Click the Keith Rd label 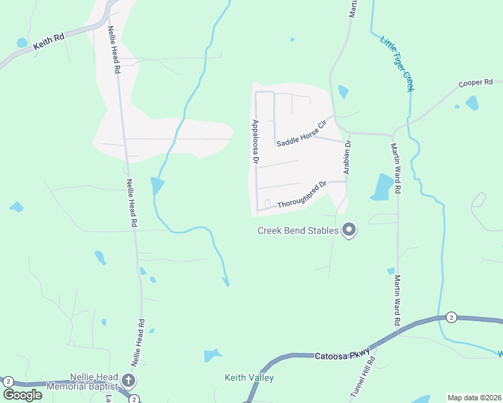[49, 40]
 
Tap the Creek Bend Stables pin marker [349, 230]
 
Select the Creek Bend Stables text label [299, 231]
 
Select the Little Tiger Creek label [397, 64]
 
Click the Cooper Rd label [475, 83]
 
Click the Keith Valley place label [249, 378]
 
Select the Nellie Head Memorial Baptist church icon [128, 381]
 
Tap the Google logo [22, 394]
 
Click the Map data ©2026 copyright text [474, 398]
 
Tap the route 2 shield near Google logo [8, 382]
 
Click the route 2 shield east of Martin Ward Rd [451, 317]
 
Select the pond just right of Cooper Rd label [472, 103]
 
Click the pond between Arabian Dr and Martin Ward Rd [382, 187]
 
